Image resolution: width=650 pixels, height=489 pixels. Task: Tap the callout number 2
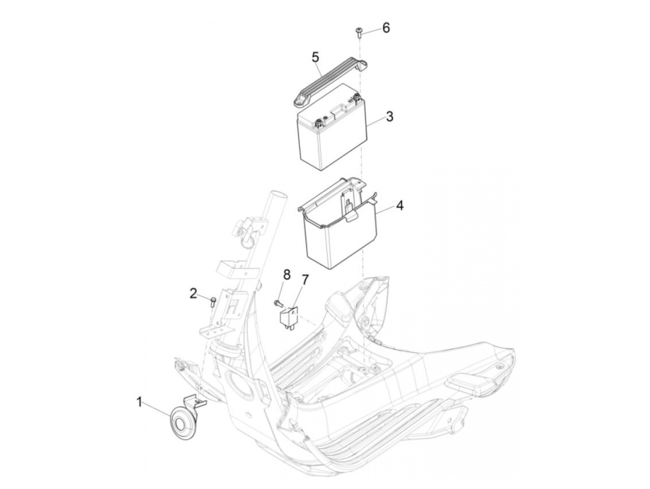[x=193, y=294]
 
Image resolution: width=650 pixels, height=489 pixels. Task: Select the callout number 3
[x=390, y=117]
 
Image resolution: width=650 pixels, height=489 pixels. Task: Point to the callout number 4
[x=400, y=205]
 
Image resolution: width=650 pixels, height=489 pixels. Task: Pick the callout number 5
[x=316, y=58]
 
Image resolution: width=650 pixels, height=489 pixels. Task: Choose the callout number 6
[x=386, y=28]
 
